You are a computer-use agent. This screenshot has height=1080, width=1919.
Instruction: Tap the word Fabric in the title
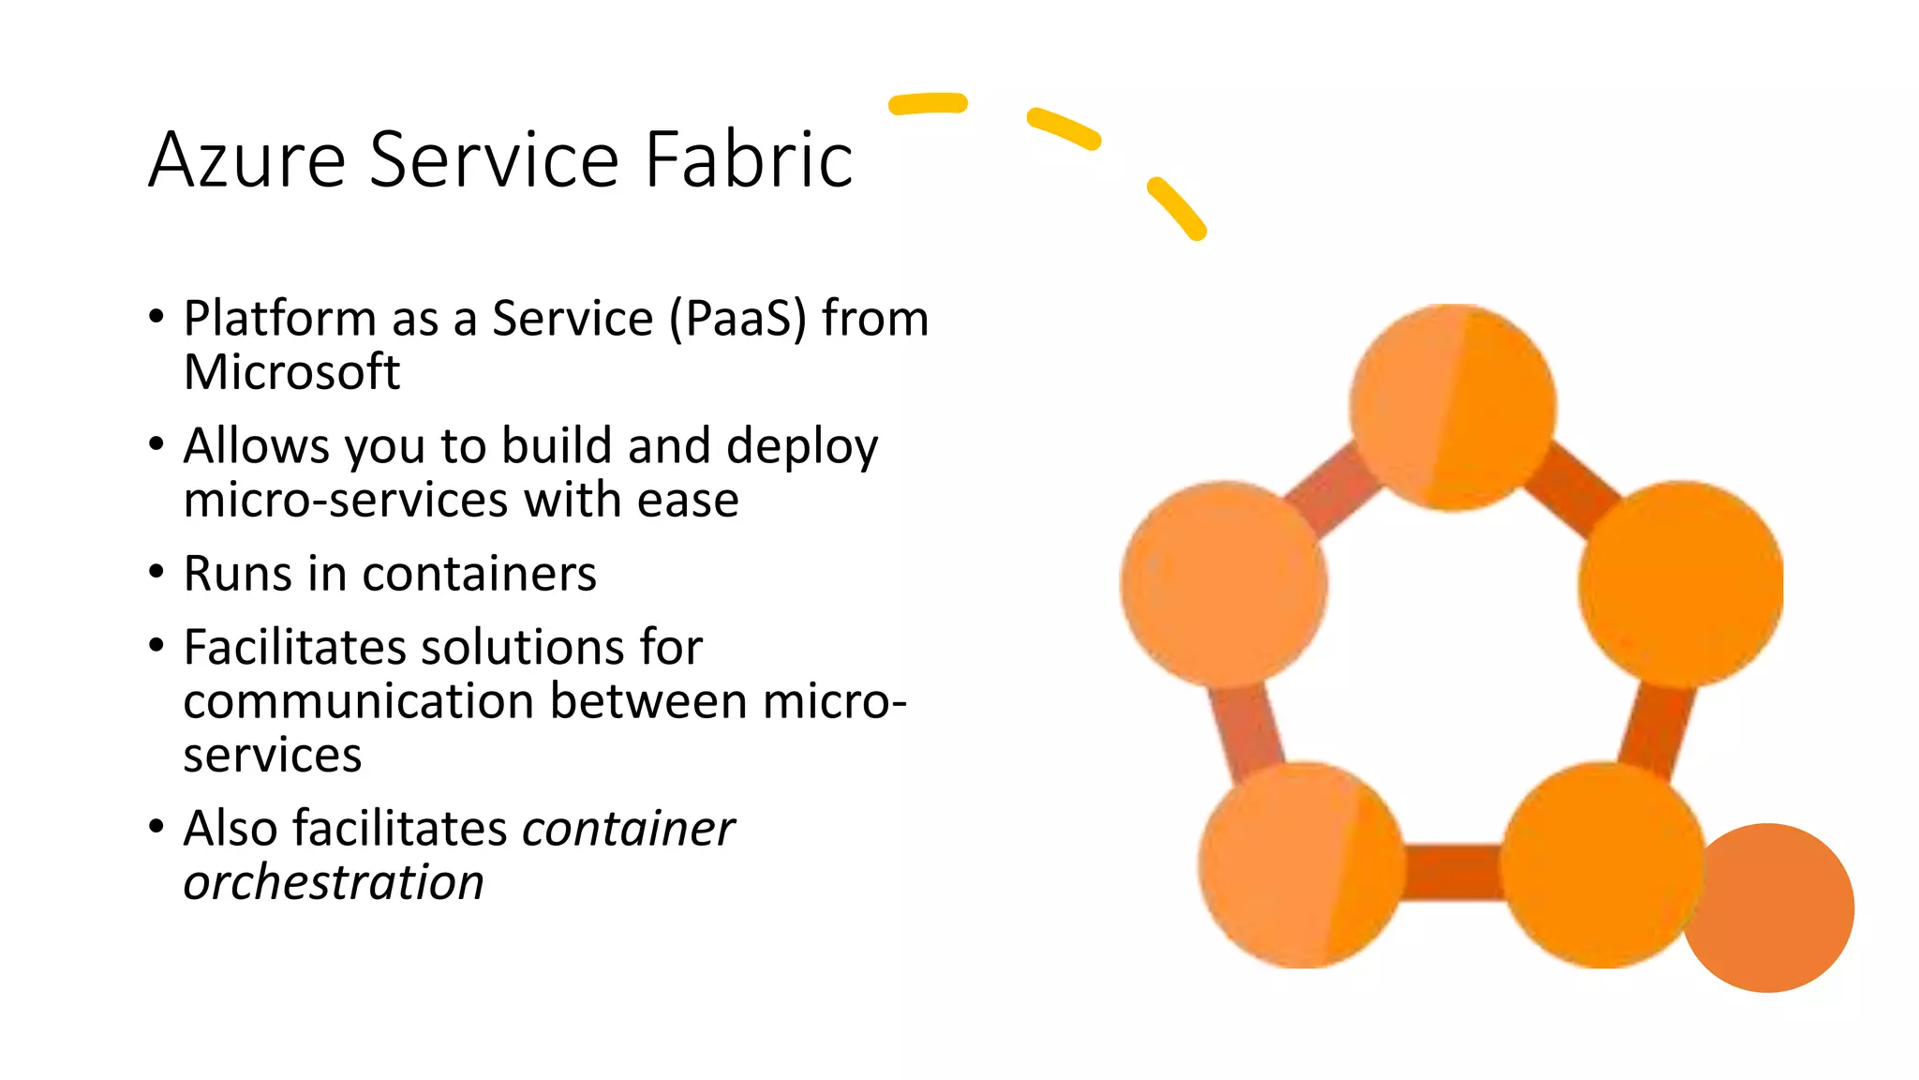point(749,159)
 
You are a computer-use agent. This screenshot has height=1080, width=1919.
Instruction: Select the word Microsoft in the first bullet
point(291,372)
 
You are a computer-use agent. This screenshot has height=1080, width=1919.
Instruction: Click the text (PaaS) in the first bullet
point(737,319)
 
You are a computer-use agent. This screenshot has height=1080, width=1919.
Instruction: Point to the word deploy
point(802,446)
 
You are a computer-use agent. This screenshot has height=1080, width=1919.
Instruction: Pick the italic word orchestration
point(334,882)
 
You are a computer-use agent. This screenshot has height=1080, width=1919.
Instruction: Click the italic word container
point(628,829)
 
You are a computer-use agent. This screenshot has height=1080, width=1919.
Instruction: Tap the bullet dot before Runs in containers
point(156,572)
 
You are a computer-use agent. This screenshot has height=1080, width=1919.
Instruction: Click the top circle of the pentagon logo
point(1452,407)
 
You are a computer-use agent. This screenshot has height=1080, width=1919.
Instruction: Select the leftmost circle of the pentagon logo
point(1224,583)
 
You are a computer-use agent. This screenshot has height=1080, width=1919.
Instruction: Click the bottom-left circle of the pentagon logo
point(1301,864)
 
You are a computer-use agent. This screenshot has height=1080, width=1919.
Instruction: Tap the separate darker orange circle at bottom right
point(1771,907)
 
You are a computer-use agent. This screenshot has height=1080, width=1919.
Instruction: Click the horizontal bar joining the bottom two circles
point(1452,872)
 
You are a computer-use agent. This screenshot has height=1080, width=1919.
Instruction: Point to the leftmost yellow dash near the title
point(928,103)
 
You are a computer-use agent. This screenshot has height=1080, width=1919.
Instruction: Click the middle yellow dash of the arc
point(1064,128)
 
